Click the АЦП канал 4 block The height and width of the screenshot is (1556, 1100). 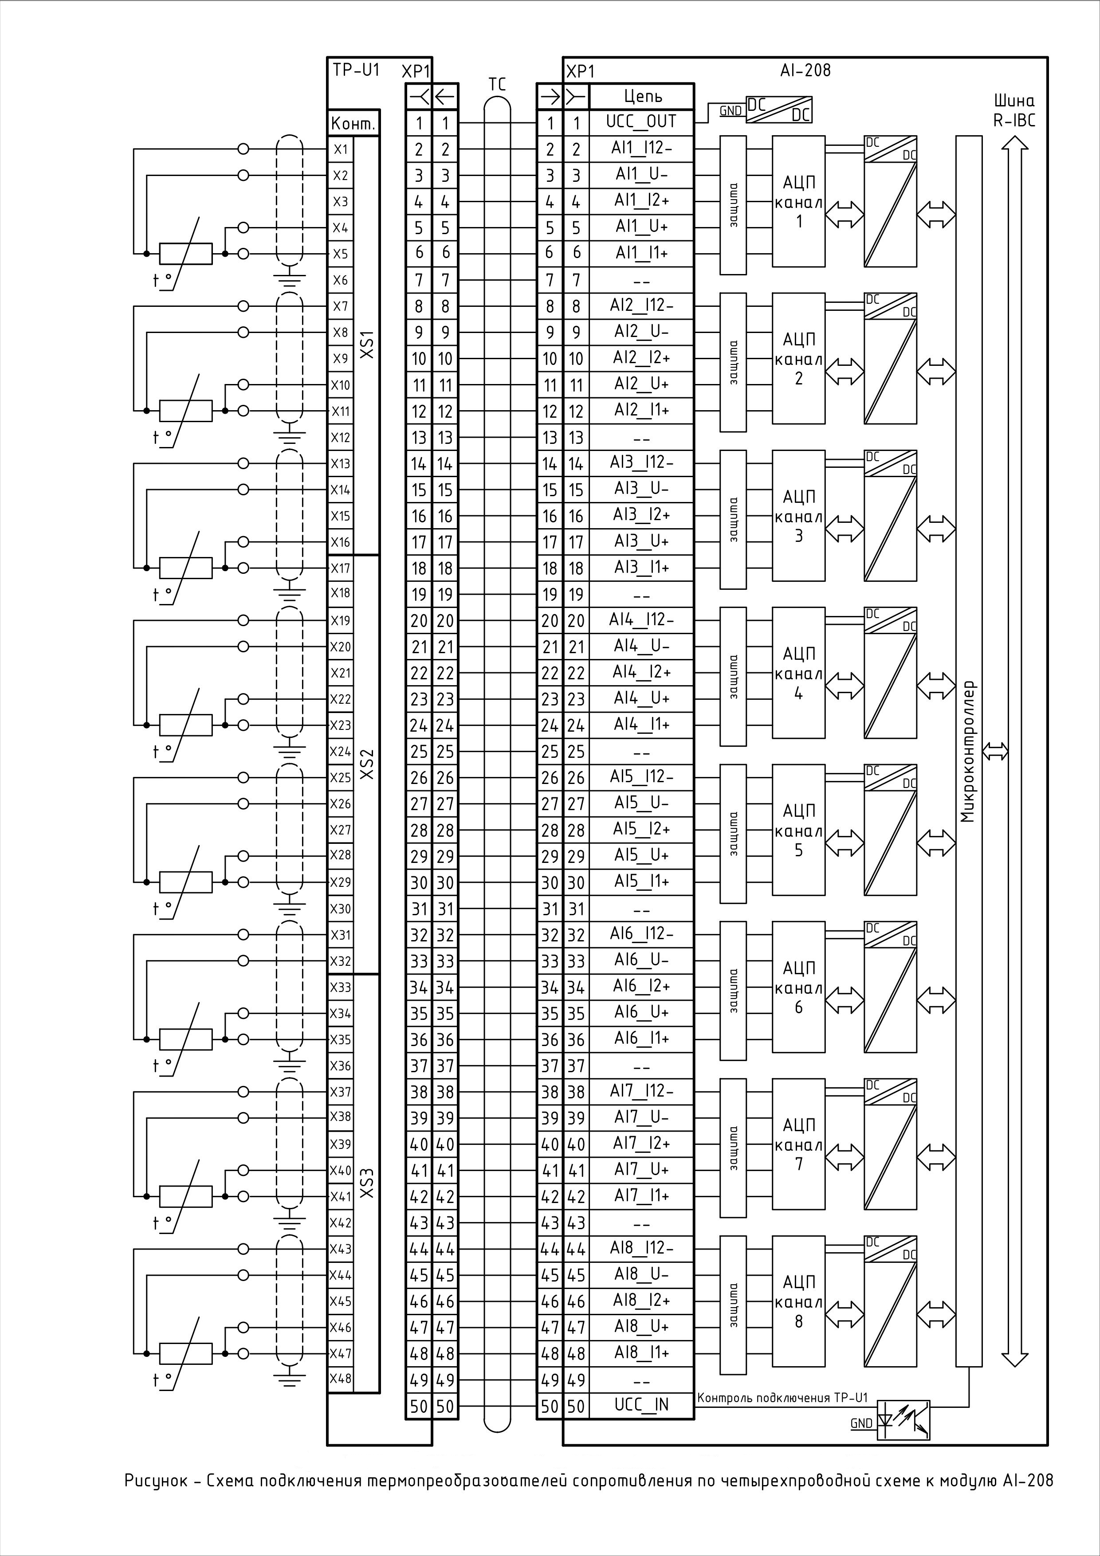(x=798, y=673)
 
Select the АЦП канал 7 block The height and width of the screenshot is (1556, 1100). (x=798, y=1144)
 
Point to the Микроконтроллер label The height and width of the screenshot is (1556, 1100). (x=969, y=751)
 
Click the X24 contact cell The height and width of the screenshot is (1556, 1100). (x=340, y=751)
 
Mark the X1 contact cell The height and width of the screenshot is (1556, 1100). (x=340, y=149)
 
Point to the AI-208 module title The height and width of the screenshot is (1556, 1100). (x=805, y=70)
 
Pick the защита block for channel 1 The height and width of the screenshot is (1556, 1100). (x=733, y=205)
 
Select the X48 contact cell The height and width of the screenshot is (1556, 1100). (x=340, y=1379)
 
